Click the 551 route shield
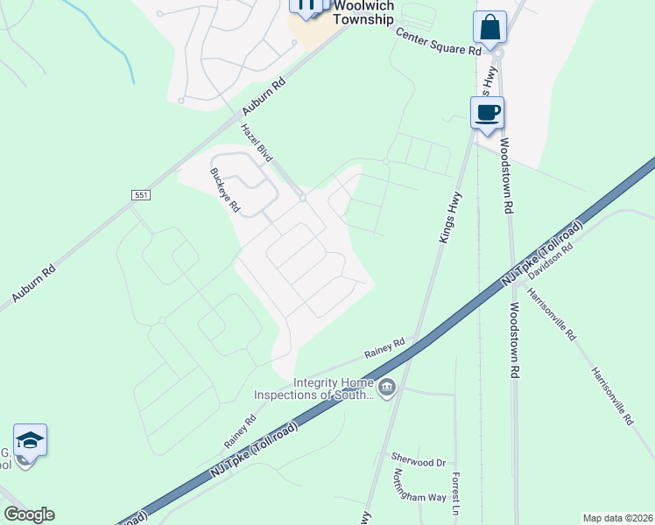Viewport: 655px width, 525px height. (141, 193)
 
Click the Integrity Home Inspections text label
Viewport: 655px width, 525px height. (313, 388)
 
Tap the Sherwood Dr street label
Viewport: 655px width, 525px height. (419, 461)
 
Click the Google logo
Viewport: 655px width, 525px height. (29, 514)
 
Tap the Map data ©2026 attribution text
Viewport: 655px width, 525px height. (618, 518)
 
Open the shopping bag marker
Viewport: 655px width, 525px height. (489, 28)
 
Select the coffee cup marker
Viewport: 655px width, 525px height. (487, 113)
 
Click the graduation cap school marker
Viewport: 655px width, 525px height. (30, 440)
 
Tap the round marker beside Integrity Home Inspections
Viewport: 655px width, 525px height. (387, 386)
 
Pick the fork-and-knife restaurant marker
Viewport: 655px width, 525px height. (305, 5)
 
